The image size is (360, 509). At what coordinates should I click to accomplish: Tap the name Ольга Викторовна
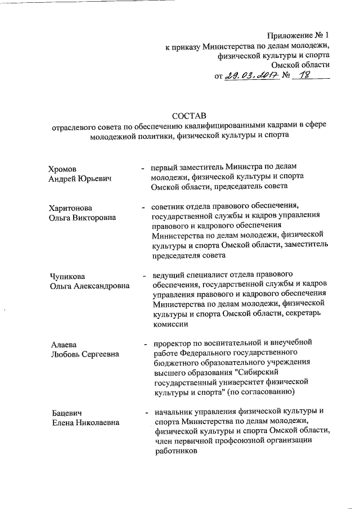point(83,218)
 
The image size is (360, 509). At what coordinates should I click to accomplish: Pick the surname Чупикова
point(67,276)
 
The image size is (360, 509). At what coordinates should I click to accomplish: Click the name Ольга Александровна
point(89,286)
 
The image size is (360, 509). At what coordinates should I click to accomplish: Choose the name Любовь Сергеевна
point(84,354)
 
